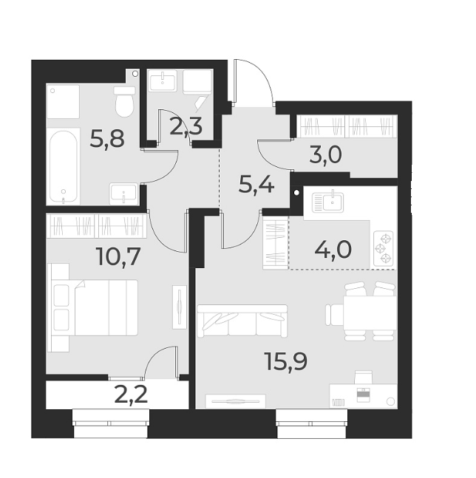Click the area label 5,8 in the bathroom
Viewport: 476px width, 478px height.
click(106, 137)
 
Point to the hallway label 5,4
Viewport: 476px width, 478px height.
click(256, 183)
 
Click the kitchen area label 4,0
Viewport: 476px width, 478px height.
click(333, 247)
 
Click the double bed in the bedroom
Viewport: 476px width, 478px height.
click(96, 307)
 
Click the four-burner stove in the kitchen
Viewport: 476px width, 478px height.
click(384, 248)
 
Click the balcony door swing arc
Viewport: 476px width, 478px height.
click(159, 363)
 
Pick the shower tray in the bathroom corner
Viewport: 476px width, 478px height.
click(63, 101)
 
